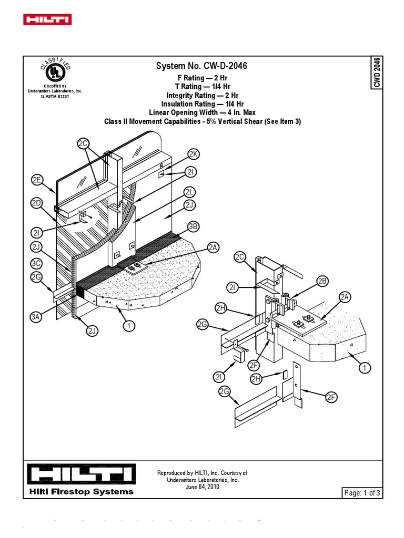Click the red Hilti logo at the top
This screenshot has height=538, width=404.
[47, 20]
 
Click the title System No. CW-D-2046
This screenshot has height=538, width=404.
[201, 66]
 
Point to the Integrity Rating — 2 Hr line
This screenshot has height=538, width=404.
[201, 96]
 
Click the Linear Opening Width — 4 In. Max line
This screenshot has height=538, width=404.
[201, 113]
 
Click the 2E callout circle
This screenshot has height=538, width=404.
[36, 180]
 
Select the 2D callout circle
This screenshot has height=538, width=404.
[36, 203]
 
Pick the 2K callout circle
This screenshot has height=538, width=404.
[193, 154]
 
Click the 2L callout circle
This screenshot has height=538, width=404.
[190, 192]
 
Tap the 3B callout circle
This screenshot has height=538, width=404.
[193, 227]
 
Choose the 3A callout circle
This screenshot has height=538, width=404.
[36, 317]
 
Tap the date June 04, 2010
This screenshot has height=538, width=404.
[203, 487]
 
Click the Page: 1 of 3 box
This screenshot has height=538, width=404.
[359, 493]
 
